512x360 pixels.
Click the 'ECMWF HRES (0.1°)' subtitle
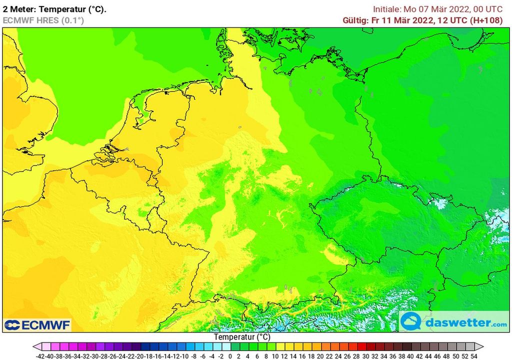coord(43,20)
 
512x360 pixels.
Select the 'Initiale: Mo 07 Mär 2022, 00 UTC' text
coord(438,9)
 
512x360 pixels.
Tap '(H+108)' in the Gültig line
coord(487,20)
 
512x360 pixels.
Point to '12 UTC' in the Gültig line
coord(452,20)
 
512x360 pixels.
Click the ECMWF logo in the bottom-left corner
coord(37,325)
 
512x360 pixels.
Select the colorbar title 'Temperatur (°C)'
coord(243,337)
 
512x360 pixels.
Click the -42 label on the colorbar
coord(41,356)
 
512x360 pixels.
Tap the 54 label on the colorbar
coord(473,356)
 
